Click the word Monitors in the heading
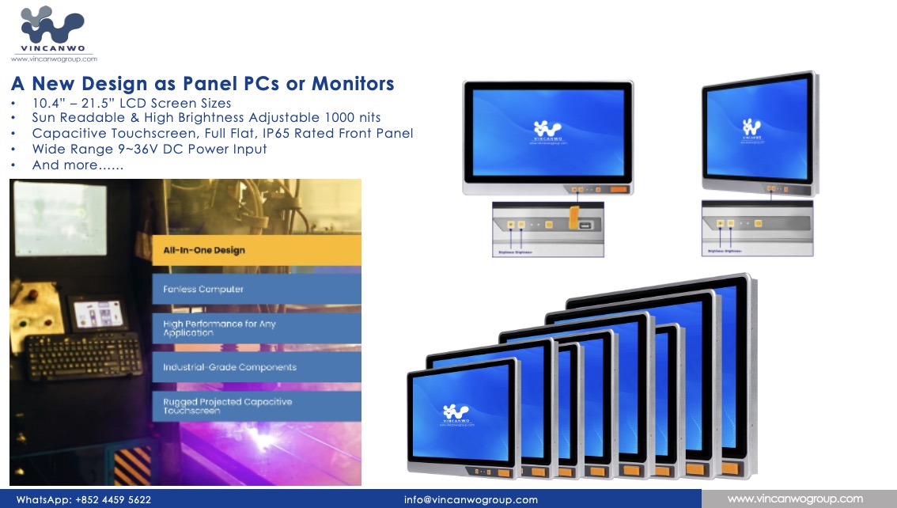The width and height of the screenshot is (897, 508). (353, 84)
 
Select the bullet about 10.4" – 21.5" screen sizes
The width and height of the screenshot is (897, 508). (131, 104)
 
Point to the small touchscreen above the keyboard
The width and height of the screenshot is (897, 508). (98, 313)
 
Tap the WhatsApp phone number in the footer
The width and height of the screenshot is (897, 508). (113, 500)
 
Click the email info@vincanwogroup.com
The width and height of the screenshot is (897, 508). (471, 500)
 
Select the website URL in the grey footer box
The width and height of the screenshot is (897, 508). (795, 499)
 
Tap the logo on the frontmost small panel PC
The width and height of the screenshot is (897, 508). (456, 412)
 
